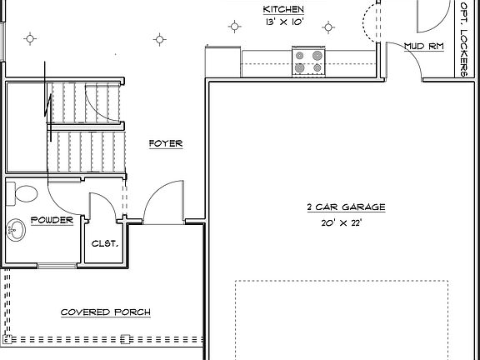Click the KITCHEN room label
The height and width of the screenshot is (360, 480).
(281, 8)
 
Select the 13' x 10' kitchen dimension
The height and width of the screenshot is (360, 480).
(281, 22)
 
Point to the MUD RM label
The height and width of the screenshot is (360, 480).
(422, 46)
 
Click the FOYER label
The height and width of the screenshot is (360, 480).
(165, 143)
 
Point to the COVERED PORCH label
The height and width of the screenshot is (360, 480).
(106, 312)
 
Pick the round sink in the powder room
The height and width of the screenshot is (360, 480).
(14, 230)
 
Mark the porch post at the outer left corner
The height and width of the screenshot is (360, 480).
(7, 339)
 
